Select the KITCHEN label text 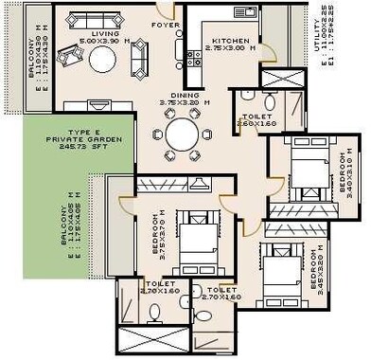click(230, 42)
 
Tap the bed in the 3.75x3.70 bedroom click(200, 233)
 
